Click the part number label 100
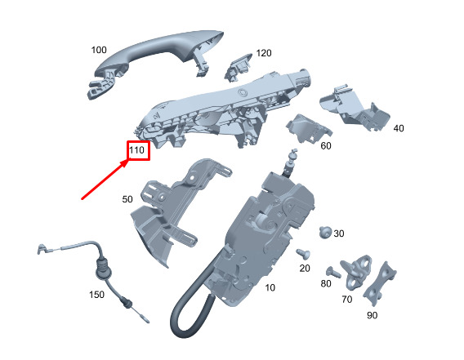[99, 50]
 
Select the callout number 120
[264, 53]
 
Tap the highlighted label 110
[136, 150]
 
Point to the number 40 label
[399, 128]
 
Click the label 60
[326, 145]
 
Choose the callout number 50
[127, 199]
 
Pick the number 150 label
[96, 295]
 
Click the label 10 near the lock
[270, 287]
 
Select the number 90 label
[372, 315]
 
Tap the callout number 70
[347, 300]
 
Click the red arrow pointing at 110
[105, 180]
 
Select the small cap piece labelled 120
[239, 68]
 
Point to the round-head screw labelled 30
[325, 232]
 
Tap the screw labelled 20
[303, 254]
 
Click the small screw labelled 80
[333, 272]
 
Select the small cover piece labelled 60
[308, 128]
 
